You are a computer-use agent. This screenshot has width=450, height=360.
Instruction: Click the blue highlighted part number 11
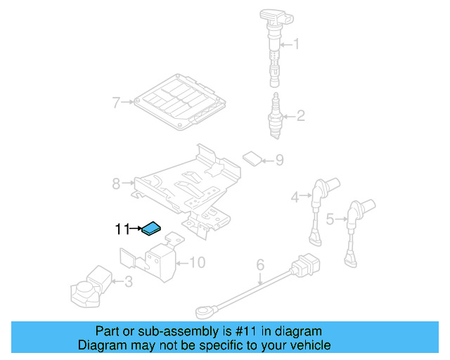click(152, 228)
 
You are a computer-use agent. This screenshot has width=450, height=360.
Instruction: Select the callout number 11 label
click(122, 229)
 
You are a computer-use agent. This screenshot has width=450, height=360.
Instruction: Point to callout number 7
click(116, 103)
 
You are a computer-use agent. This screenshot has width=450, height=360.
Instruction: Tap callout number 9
click(278, 161)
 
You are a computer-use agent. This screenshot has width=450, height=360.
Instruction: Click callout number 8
click(116, 184)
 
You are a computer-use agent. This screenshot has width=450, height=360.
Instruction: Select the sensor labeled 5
click(355, 232)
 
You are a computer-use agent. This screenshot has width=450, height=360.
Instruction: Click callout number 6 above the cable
click(259, 265)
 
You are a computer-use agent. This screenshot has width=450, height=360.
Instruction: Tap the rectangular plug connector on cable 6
click(305, 268)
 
